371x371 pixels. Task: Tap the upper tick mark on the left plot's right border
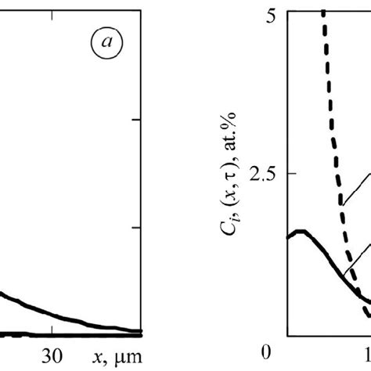(139, 120)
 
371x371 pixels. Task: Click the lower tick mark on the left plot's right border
(139, 228)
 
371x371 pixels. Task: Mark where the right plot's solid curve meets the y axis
(288, 238)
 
